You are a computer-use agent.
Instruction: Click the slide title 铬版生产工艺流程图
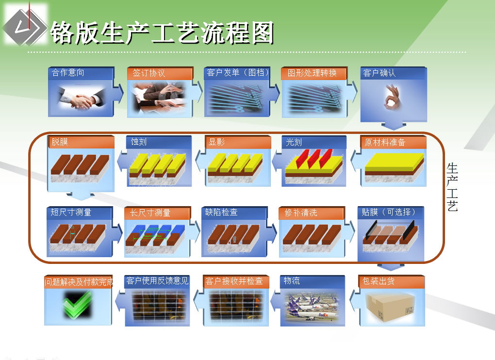(162, 33)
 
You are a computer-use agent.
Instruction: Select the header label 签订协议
(148, 73)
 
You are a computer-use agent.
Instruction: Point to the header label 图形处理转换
(312, 73)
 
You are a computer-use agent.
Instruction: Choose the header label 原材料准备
(385, 142)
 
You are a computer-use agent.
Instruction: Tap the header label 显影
(216, 142)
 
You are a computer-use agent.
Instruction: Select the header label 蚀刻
(139, 142)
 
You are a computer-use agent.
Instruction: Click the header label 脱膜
(60, 142)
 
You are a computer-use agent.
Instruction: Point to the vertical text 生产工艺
(452, 187)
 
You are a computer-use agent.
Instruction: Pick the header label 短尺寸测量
(71, 213)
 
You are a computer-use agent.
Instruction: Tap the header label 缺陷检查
(221, 213)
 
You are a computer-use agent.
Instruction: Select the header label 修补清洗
(301, 213)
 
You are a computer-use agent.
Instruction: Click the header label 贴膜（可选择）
(389, 212)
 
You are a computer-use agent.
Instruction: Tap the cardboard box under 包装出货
(390, 307)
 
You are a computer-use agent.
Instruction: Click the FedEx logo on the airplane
(323, 314)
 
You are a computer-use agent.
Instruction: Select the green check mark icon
(78, 304)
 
